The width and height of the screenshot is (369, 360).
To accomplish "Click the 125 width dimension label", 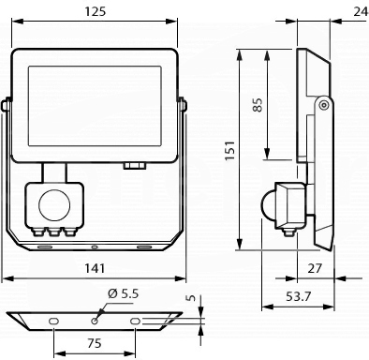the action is pyautogui.click(x=96, y=11).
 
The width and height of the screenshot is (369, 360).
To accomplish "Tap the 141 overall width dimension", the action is pyautogui.click(x=95, y=268).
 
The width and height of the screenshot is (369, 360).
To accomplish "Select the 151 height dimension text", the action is pyautogui.click(x=229, y=151).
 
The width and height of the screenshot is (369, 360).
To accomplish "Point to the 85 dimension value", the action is pyautogui.click(x=258, y=105).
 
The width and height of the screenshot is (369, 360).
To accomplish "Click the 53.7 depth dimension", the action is pyautogui.click(x=299, y=296).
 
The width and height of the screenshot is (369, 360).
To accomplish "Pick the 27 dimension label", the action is pyautogui.click(x=315, y=268).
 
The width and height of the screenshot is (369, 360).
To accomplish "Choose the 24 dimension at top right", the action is pyautogui.click(x=362, y=11).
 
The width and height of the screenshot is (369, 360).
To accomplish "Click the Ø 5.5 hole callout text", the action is pyautogui.click(x=123, y=293).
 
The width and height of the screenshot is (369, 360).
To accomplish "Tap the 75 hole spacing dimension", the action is pyautogui.click(x=95, y=343).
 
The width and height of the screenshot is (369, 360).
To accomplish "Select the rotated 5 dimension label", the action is pyautogui.click(x=191, y=297).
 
